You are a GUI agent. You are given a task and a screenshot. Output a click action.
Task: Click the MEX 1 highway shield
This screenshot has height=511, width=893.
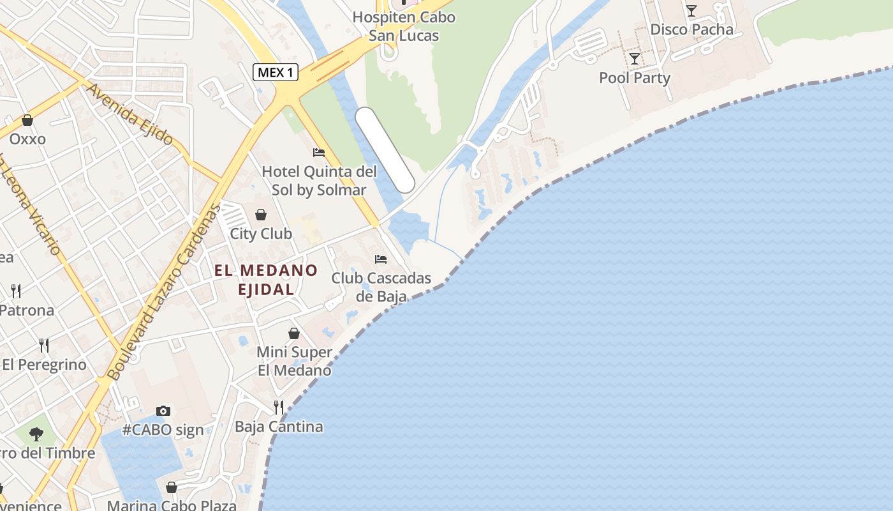click(276, 72)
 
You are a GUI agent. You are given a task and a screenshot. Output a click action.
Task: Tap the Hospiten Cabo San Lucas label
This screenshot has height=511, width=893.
click(404, 26)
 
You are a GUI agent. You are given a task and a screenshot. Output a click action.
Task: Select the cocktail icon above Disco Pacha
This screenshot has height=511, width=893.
click(691, 10)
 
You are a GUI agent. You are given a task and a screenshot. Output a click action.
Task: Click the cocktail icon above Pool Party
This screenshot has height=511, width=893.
click(635, 59)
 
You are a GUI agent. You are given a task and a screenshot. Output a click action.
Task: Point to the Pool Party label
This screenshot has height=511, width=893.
click(635, 78)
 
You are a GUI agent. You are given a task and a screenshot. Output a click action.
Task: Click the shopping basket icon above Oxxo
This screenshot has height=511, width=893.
click(27, 120)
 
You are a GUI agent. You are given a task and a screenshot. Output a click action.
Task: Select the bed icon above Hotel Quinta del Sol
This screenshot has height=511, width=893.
click(319, 153)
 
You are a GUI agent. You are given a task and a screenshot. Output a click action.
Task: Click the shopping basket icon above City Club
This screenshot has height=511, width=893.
click(261, 215)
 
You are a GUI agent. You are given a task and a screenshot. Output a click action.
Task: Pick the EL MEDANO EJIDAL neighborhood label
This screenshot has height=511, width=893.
click(266, 280)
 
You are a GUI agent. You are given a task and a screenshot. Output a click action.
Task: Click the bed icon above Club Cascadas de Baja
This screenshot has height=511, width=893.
click(381, 259)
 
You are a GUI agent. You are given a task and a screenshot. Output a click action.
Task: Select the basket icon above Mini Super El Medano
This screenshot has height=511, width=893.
click(294, 333)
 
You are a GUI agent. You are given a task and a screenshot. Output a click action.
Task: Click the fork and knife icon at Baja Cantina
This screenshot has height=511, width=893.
click(279, 407)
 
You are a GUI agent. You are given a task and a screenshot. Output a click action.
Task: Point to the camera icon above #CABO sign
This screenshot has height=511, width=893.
click(163, 411)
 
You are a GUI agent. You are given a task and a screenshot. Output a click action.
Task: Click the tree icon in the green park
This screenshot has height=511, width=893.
click(36, 434)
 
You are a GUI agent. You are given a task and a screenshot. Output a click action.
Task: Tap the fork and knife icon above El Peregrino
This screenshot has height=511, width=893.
click(44, 346)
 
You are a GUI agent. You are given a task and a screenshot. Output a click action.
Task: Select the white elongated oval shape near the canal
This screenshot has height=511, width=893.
click(385, 150)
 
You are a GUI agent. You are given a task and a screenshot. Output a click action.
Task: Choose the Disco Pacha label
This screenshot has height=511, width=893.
click(691, 29)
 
